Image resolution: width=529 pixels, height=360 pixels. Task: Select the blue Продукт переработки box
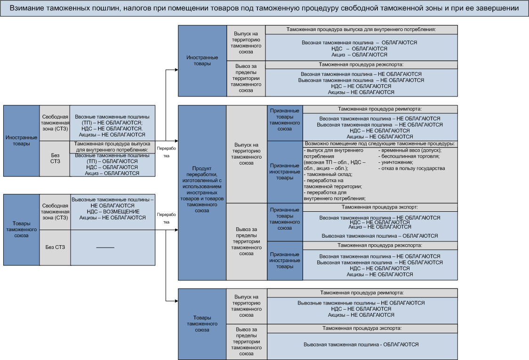(202, 193)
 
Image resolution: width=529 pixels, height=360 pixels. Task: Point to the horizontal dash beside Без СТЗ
(105, 247)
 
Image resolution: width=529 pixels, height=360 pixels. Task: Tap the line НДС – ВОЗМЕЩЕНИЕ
(113, 212)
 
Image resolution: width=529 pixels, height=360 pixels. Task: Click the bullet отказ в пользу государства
(411, 168)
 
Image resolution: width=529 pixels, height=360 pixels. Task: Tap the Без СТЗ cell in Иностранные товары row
(55, 159)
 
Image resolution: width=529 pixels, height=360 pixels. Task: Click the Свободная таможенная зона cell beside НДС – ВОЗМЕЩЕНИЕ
(55, 211)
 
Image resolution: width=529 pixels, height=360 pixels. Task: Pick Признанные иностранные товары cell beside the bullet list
(285, 172)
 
